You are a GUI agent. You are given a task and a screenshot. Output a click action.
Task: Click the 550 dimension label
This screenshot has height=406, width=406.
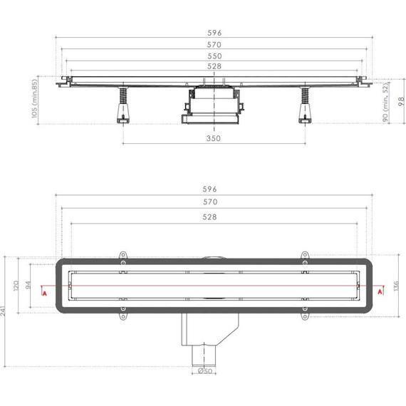(x=214, y=56)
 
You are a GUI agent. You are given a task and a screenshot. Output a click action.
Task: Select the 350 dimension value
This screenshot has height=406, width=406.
(x=214, y=138)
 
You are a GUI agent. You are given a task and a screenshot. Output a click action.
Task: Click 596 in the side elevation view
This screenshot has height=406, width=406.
(x=214, y=31)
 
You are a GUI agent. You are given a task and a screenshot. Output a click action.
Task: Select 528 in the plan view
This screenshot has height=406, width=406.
(x=214, y=217)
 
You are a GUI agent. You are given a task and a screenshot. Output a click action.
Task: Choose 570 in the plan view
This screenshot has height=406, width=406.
(x=214, y=203)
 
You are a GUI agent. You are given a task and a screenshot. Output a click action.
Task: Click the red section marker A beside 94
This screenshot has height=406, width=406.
(x=43, y=291)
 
